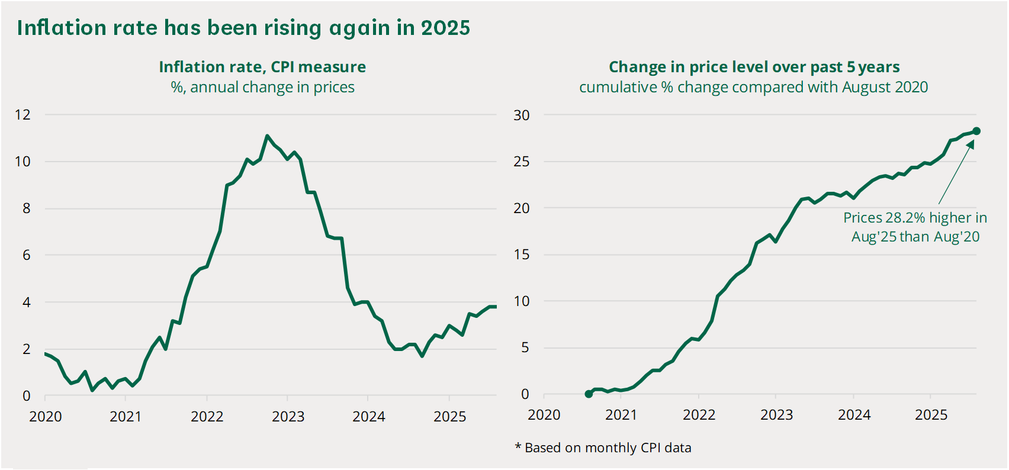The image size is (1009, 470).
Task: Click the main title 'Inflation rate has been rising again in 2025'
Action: click(244, 28)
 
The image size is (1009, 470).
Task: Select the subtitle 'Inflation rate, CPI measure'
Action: click(262, 67)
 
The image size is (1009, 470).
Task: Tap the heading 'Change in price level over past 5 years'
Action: click(754, 67)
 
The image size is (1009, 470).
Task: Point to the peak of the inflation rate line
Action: click(267, 136)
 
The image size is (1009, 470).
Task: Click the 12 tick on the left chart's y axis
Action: click(23, 115)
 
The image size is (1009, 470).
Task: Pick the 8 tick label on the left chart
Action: click(27, 208)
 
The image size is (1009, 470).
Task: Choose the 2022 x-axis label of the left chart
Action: click(207, 416)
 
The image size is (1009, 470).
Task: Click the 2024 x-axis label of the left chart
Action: click(368, 416)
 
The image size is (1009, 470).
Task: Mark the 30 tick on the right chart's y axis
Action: click(522, 115)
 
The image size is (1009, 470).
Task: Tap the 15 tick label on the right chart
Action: click(522, 255)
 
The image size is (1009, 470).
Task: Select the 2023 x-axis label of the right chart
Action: click(776, 414)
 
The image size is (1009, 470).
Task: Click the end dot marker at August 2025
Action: click(976, 131)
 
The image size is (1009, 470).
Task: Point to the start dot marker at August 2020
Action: click(588, 394)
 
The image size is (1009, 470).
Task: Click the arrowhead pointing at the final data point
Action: click(971, 144)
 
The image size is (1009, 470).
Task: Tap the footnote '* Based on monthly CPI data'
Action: click(603, 448)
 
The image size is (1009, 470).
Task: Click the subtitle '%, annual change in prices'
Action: click(262, 87)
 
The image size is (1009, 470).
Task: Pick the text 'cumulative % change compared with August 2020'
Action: click(754, 87)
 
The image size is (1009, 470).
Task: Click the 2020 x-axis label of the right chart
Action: click(544, 414)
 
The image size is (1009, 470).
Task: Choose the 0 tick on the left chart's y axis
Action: click(27, 396)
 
